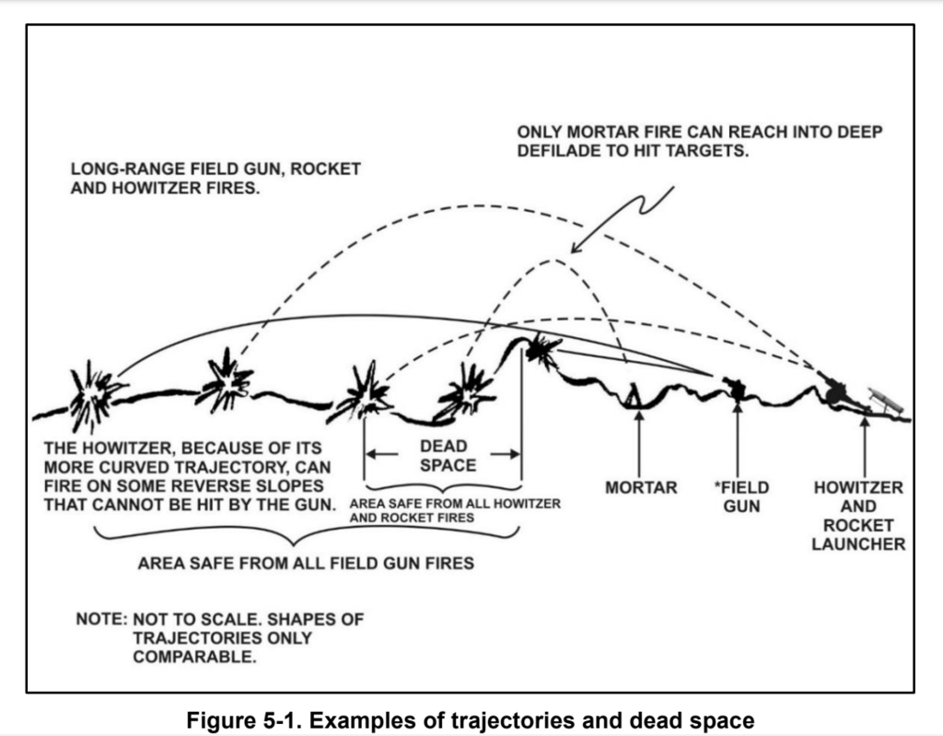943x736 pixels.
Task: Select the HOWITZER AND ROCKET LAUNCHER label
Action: click(858, 516)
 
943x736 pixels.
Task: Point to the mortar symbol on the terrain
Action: click(634, 395)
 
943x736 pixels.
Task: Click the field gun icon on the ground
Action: click(735, 388)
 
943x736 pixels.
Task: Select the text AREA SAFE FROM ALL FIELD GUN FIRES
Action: click(306, 563)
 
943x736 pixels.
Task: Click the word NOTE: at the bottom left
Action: click(101, 619)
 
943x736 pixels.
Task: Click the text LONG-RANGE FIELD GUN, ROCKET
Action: click(215, 171)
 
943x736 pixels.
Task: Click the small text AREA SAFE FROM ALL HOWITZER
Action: click(456, 505)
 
